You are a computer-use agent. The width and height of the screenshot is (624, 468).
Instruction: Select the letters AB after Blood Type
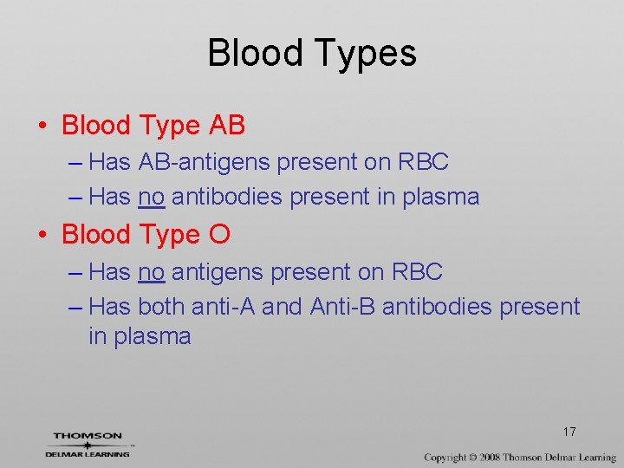tap(227, 126)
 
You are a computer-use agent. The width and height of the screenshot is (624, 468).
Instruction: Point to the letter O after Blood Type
tap(219, 235)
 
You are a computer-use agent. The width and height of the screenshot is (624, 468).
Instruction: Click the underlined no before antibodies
tap(151, 198)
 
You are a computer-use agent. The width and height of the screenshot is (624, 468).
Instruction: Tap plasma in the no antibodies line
tap(442, 198)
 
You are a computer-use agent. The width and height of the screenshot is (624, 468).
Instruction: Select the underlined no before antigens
tap(151, 272)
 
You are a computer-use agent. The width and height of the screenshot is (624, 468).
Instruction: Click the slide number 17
tap(569, 432)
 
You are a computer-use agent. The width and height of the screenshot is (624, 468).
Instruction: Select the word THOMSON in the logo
tap(88, 436)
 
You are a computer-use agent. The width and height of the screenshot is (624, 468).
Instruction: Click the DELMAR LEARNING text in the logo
tap(88, 453)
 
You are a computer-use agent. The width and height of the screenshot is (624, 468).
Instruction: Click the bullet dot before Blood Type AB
tap(42, 127)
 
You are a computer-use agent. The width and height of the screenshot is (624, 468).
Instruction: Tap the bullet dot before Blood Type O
tap(42, 236)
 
